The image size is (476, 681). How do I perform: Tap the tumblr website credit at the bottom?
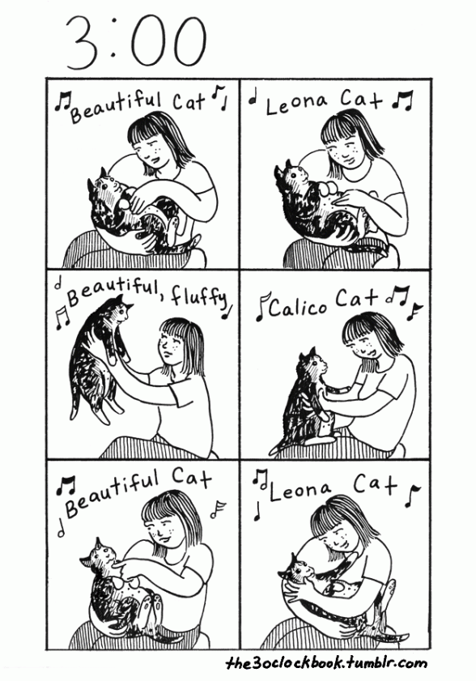[326, 663]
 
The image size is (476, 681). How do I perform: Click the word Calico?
[298, 307]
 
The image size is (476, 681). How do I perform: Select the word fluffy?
[198, 297]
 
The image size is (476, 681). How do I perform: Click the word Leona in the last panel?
[300, 489]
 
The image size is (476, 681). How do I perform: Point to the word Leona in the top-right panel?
[296, 104]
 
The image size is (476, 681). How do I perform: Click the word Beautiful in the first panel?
[116, 106]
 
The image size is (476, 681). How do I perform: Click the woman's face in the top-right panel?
[345, 151]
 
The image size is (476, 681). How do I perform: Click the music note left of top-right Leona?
[252, 100]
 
